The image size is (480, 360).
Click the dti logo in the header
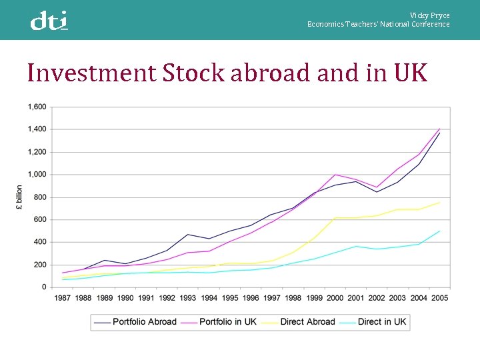tap(49, 21)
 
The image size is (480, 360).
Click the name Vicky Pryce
tap(429, 15)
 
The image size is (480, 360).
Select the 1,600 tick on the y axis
tap(37, 107)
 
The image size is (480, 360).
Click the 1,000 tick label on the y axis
tap(37, 175)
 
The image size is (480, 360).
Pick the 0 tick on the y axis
tap(44, 287)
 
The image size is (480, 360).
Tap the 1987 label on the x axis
tap(63, 298)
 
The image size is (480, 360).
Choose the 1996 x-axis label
tap(251, 298)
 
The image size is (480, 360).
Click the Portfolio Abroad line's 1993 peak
tap(188, 235)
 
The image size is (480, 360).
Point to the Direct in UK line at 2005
tap(439, 231)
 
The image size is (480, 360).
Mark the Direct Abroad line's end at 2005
tap(439, 203)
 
